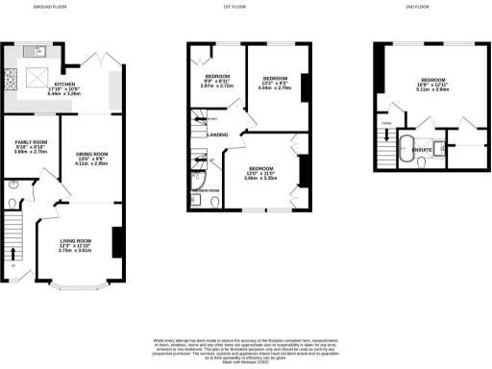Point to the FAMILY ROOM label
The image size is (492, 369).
pyautogui.click(x=24, y=144)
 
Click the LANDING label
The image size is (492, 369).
pyautogui.click(x=218, y=135)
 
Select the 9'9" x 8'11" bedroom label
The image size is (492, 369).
pyautogui.click(x=216, y=79)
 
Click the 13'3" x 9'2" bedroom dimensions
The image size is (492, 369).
pyautogui.click(x=276, y=86)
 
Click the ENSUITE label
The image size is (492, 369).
pyautogui.click(x=420, y=149)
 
